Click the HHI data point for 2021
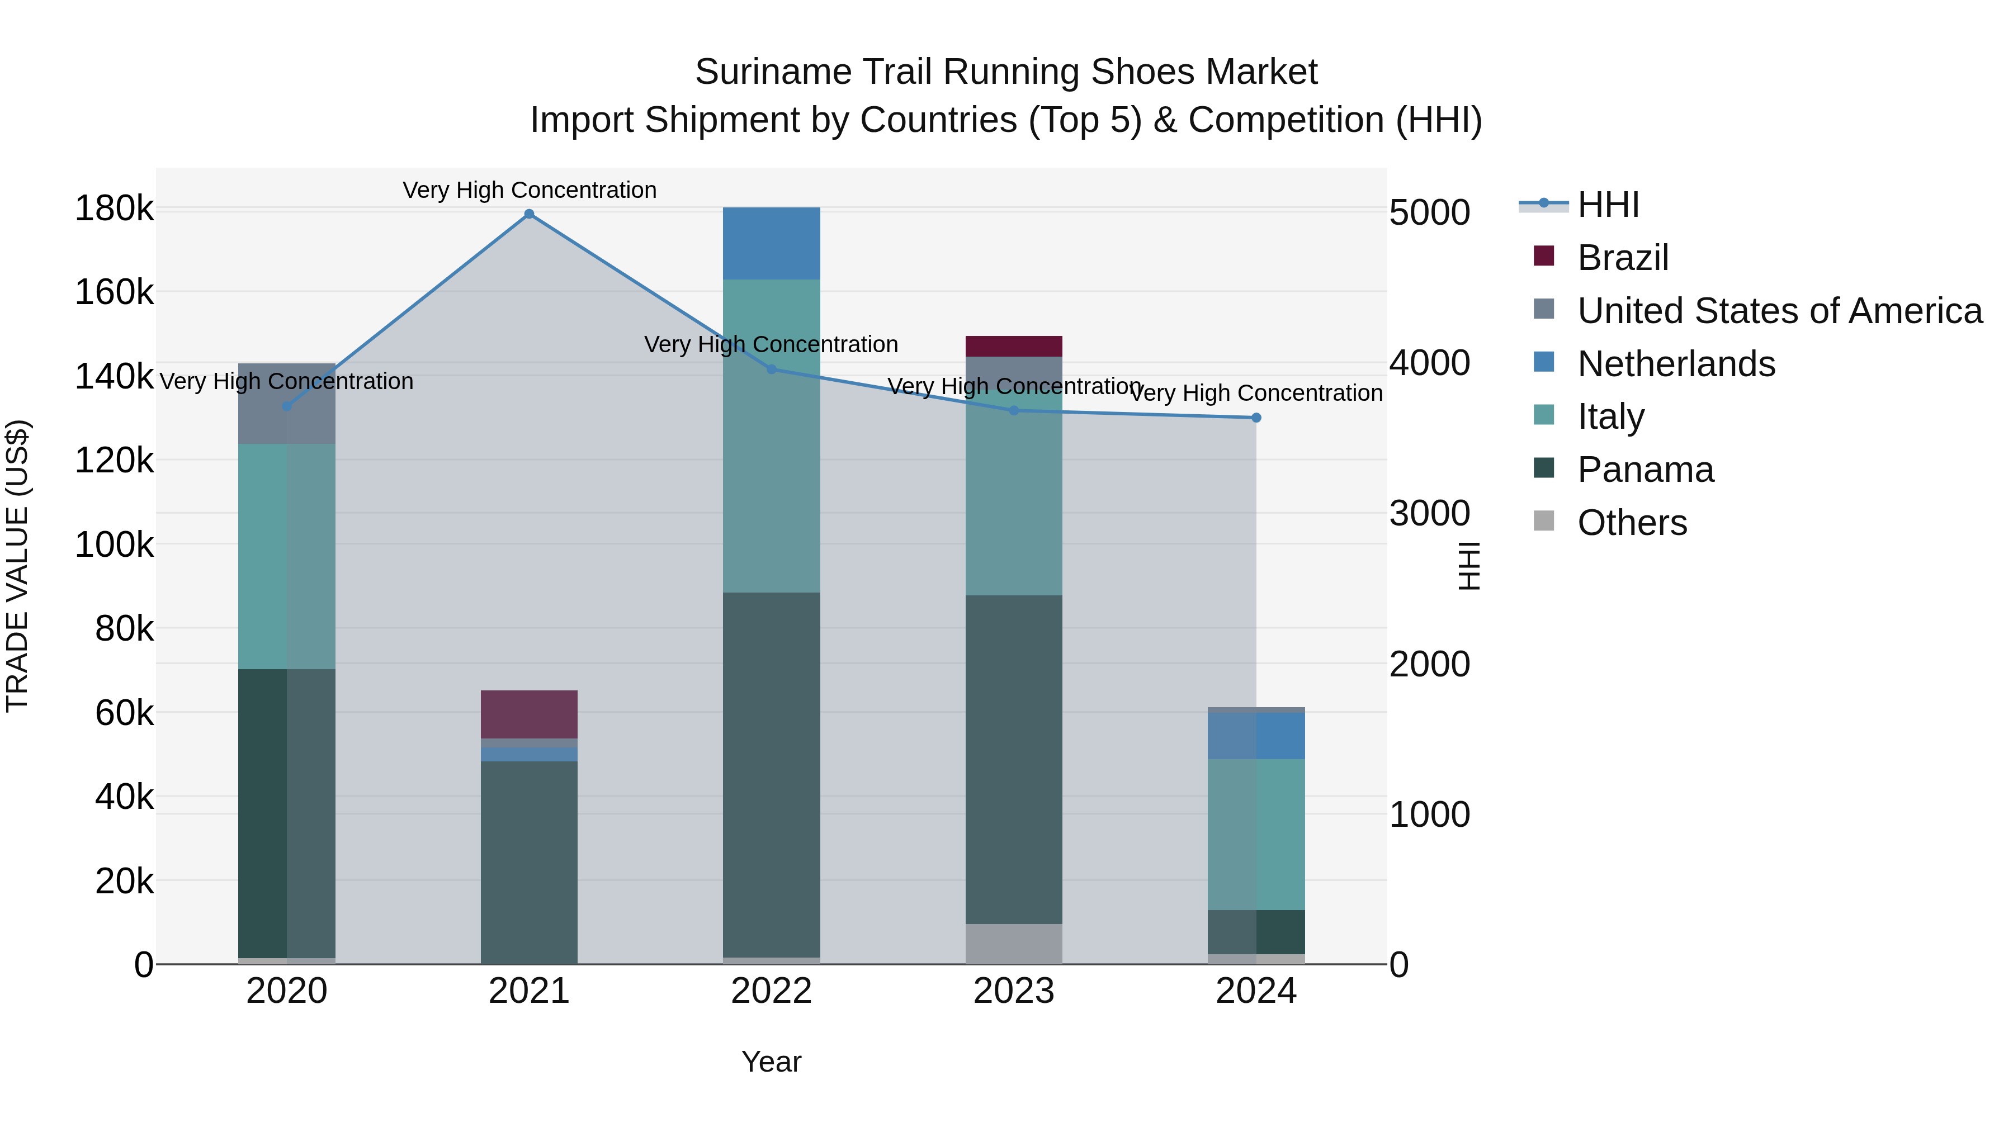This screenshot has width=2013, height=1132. [529, 214]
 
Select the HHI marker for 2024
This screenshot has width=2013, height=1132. [1256, 418]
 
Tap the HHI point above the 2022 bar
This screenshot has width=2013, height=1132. [771, 370]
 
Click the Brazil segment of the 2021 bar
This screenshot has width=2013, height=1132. [529, 714]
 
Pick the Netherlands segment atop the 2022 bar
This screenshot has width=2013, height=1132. [771, 243]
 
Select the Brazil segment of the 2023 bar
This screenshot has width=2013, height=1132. [1014, 346]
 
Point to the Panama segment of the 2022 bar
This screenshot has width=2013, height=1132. [771, 774]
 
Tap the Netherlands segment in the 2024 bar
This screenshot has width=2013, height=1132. [1256, 735]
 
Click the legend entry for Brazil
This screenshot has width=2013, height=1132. [1622, 258]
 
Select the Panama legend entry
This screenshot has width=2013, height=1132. [1645, 470]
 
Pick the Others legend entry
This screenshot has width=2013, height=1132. [1632, 523]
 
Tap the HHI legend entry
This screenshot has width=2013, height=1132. [1608, 205]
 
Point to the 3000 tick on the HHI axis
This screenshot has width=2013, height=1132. [1429, 513]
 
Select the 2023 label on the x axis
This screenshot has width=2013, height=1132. [1014, 991]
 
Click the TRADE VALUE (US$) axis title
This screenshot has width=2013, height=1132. [18, 566]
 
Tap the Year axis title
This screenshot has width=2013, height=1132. [771, 1062]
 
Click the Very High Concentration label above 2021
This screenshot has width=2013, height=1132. [529, 190]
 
